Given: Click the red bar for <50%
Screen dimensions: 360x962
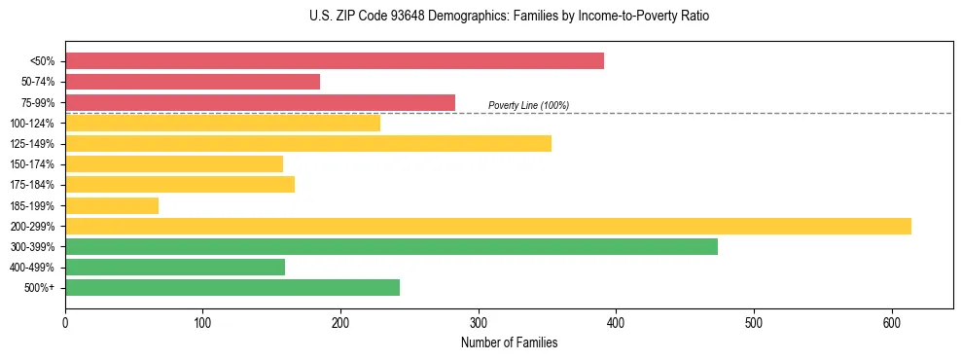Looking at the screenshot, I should click(335, 60).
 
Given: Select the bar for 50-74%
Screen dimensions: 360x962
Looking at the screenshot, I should click(193, 82).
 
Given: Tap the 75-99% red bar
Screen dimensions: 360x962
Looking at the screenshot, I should click(260, 102).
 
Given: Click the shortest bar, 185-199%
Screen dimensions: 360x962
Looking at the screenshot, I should click(112, 205).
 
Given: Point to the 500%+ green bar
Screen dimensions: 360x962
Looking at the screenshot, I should click(232, 287).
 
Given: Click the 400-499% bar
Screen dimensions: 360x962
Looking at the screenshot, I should click(175, 267).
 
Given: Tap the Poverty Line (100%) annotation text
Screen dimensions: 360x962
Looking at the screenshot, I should click(528, 105).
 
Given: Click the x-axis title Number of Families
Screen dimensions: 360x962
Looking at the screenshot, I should click(509, 342).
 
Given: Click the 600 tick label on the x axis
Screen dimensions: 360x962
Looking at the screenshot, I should click(891, 322).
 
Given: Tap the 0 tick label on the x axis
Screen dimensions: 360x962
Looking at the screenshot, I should click(65, 322).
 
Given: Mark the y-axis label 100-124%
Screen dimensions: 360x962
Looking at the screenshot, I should click(32, 124).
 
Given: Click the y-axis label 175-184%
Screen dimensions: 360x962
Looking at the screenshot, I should click(32, 185).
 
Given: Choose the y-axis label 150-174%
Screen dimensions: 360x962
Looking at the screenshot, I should click(32, 164).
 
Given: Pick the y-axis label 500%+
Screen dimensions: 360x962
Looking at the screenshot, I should click(38, 288).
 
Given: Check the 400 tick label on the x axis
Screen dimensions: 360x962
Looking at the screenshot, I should click(616, 322).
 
